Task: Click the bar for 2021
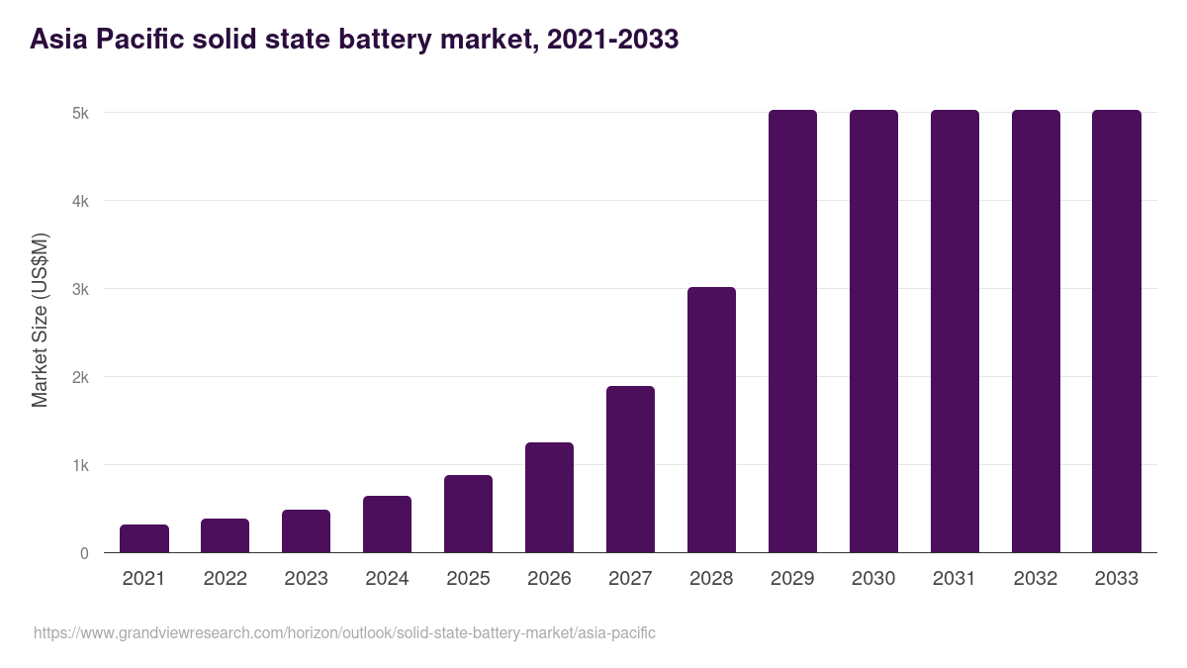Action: click(x=144, y=538)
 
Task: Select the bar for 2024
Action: click(x=387, y=525)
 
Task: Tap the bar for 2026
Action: click(x=549, y=498)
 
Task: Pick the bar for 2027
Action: click(x=630, y=469)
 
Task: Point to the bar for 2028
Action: click(x=711, y=420)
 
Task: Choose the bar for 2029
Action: click(x=792, y=332)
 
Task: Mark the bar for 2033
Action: click(x=1117, y=332)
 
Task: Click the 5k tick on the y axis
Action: click(x=80, y=114)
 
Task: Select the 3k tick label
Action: click(x=80, y=290)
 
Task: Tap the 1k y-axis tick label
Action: click(x=80, y=466)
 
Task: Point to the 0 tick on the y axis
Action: click(x=84, y=554)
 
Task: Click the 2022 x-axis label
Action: click(x=226, y=579)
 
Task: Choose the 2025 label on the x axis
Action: click(x=468, y=579)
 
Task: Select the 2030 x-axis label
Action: click(x=873, y=579)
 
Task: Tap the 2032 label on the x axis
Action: click(x=1036, y=579)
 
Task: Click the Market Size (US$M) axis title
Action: click(x=40, y=321)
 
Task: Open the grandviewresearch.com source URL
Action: click(x=344, y=632)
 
